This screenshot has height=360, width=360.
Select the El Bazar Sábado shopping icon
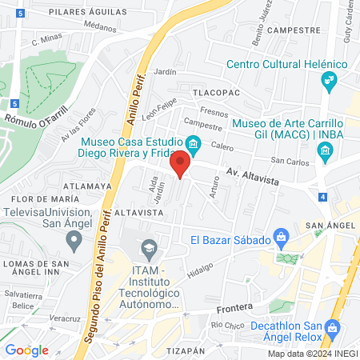coord(281,237)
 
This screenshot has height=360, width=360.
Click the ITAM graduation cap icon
coord(148,248)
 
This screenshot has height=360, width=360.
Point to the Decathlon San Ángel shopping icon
coord(333,328)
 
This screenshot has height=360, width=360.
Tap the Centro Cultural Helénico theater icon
coord(327,80)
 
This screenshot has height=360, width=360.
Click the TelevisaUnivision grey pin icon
coord(74,238)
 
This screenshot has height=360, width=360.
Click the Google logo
coord(26,350)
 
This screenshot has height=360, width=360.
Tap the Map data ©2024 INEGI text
coord(311,354)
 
